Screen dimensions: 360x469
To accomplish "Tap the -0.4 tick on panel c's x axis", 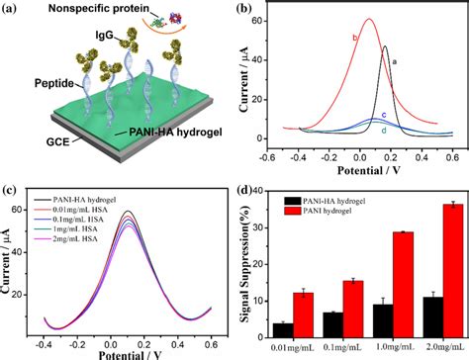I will [46, 343].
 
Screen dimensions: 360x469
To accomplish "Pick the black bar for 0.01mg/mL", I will [284, 330].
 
